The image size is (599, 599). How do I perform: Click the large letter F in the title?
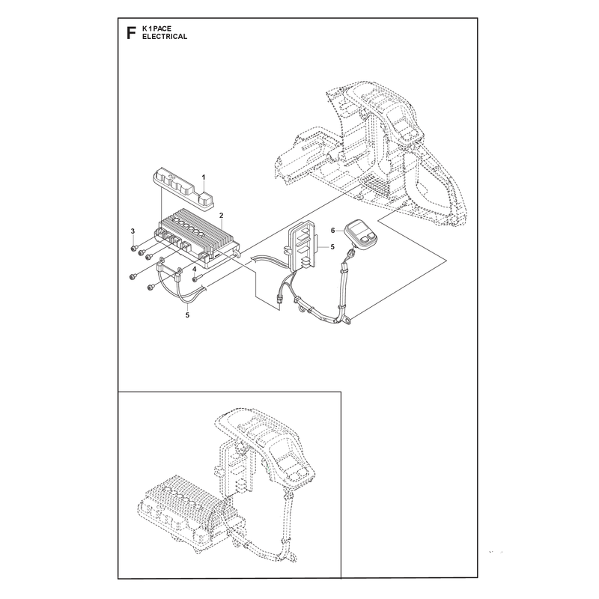pyautogui.click(x=131, y=33)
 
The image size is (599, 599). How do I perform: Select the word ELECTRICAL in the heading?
pyautogui.click(x=165, y=37)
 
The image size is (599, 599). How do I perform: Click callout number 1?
pyautogui.click(x=204, y=177)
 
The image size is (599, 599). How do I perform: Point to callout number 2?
pyautogui.click(x=221, y=216)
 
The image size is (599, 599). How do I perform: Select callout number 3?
pyautogui.click(x=133, y=231)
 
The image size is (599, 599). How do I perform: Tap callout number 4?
pyautogui.click(x=195, y=270)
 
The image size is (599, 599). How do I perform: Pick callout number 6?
pyautogui.click(x=333, y=231)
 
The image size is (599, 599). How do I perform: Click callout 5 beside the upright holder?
pyautogui.click(x=332, y=247)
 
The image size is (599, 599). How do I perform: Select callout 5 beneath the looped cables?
pyautogui.click(x=187, y=315)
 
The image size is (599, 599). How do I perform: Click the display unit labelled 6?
pyautogui.click(x=361, y=234)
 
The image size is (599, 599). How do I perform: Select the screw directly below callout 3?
pyautogui.click(x=134, y=249)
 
